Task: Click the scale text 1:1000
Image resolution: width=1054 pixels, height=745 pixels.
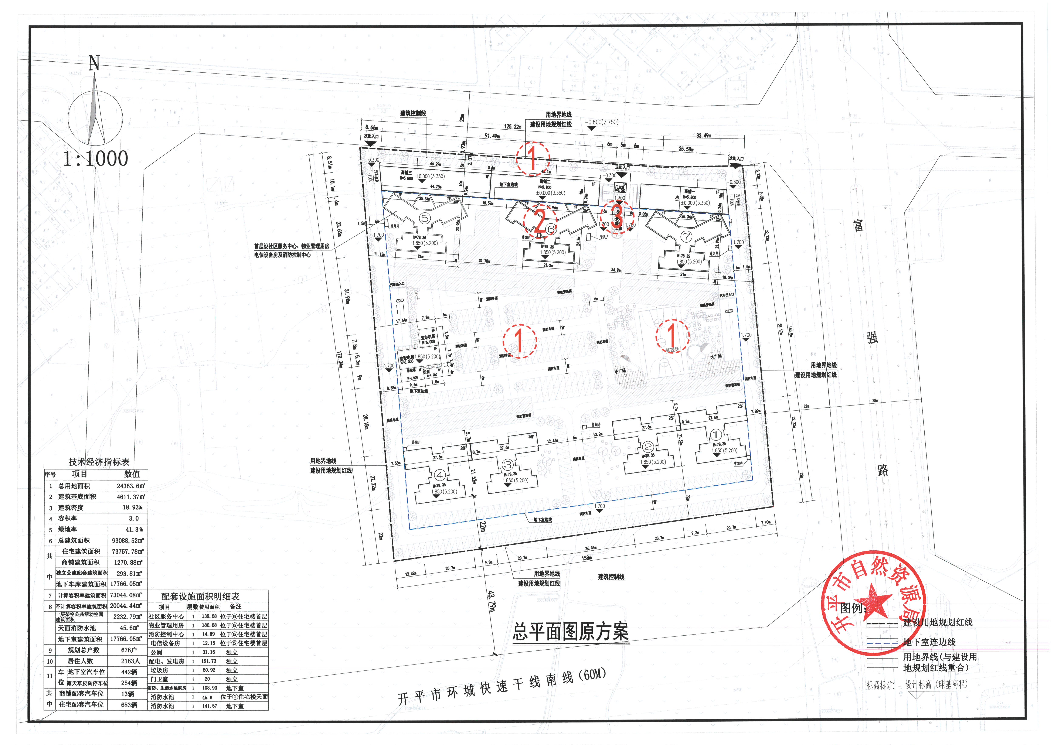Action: tap(95, 158)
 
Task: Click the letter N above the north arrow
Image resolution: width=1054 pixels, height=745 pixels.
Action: tap(94, 63)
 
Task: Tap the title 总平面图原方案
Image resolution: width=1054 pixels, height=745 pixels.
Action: tap(570, 632)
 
